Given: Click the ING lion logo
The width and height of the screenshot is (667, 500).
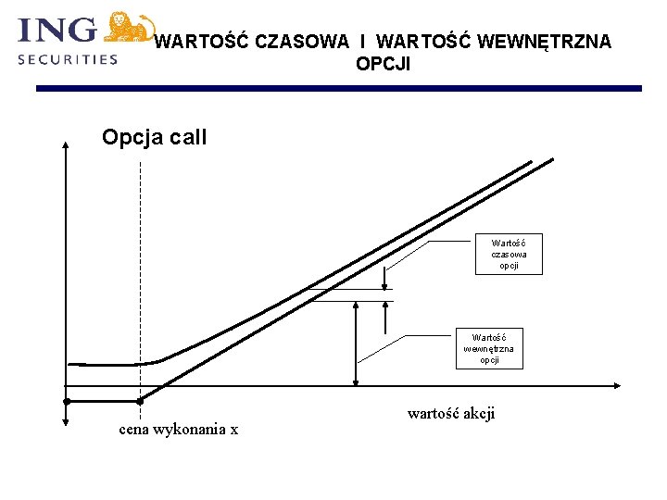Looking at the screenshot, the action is click(129, 28).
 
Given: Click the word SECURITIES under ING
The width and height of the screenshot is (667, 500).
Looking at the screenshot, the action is click(68, 58).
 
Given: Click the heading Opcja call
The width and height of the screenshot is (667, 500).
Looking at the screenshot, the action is click(154, 138).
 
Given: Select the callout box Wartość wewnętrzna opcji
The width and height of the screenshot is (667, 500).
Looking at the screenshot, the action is click(489, 348).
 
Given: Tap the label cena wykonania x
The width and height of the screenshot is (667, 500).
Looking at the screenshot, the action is click(178, 430).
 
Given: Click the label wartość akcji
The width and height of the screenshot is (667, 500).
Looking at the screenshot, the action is click(451, 414).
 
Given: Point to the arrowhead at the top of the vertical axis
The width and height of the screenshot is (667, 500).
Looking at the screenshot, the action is click(66, 144).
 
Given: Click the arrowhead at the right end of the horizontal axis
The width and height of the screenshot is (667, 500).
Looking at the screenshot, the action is click(615, 385).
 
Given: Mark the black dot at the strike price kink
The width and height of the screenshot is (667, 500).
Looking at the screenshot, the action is click(140, 401).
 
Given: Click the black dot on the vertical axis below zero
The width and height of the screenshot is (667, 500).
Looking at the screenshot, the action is click(67, 401).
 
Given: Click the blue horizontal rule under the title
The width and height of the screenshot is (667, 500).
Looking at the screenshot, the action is click(338, 89).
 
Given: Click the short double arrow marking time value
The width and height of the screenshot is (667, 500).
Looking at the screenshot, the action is click(384, 277).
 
